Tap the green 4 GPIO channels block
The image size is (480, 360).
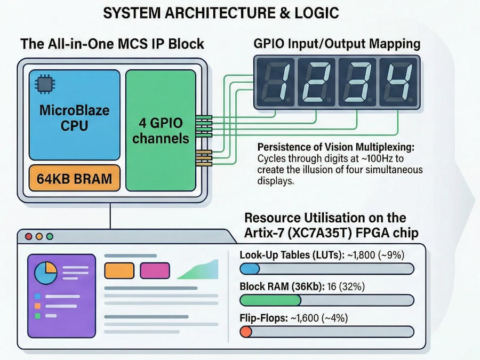pos(160,131)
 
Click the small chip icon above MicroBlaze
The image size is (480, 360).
pos(41,84)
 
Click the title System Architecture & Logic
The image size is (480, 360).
pos(221,13)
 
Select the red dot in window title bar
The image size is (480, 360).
pos(28,236)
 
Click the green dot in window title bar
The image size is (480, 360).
pos(50,236)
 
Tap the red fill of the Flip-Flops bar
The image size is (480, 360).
pos(246,332)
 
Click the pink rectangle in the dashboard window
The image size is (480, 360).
pos(155,270)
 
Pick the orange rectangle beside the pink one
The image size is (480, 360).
pos(119,270)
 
